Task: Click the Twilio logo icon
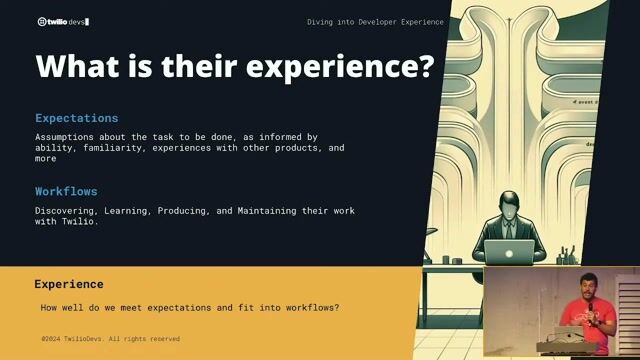41,21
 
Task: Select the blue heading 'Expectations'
77,118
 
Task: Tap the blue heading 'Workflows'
66,191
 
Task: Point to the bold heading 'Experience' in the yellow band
69,284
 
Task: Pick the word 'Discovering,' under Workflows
71,210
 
